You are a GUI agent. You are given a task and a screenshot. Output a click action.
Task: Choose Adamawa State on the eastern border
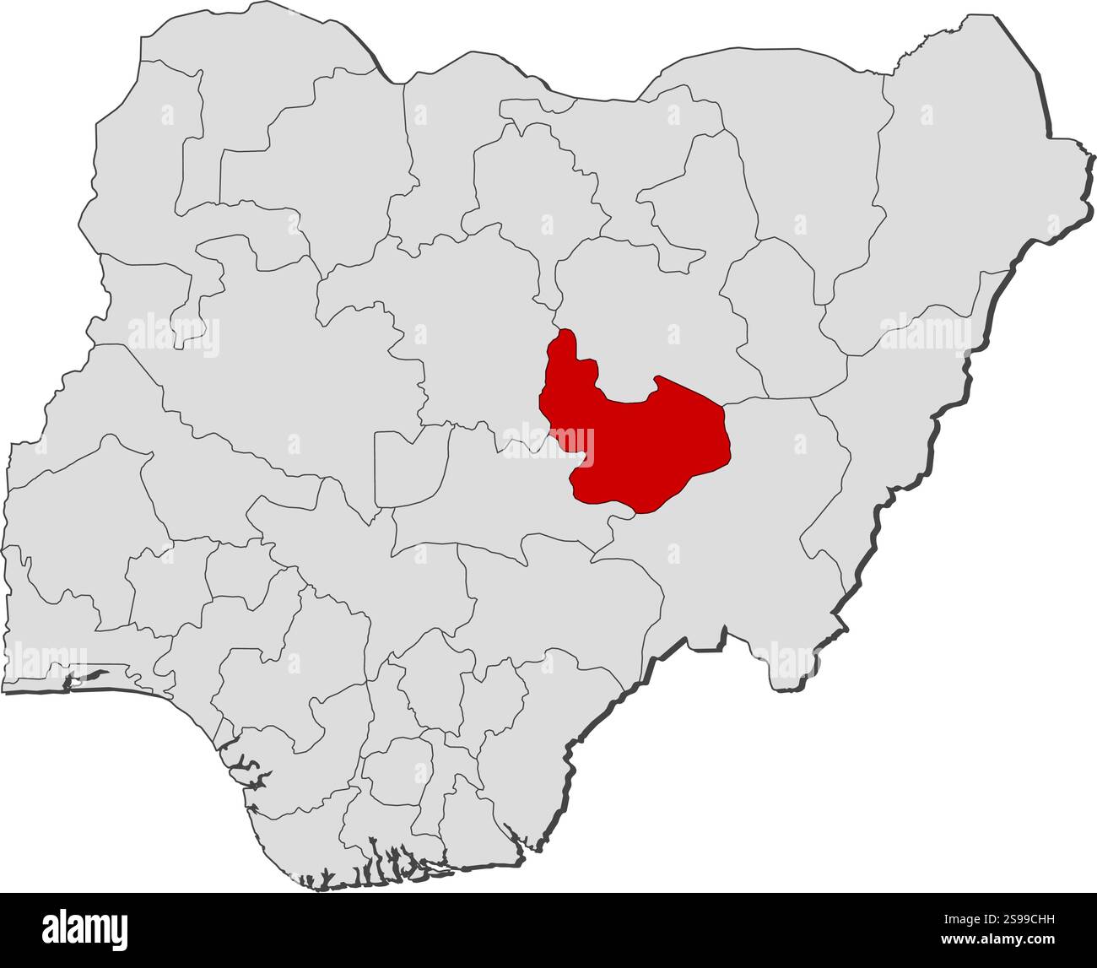[x=886, y=422]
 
